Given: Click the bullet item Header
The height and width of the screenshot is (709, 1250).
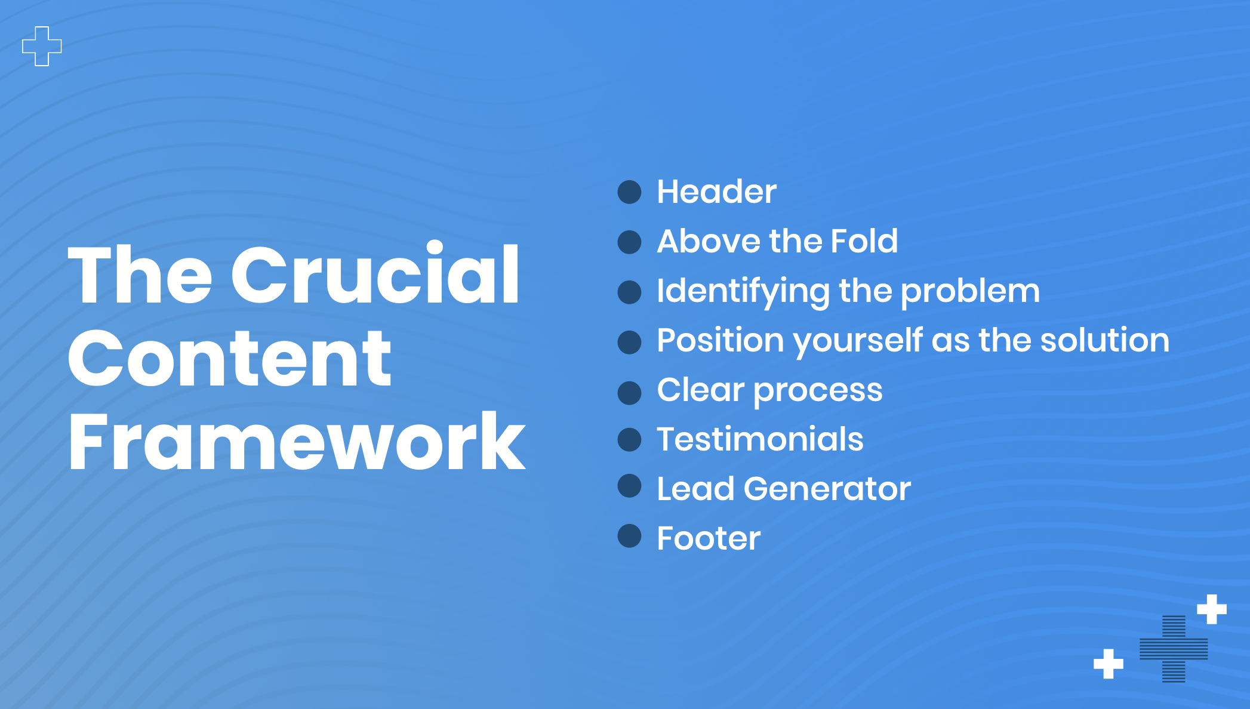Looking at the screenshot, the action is tap(716, 192).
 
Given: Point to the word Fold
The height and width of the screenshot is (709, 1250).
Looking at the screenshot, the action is tap(864, 241).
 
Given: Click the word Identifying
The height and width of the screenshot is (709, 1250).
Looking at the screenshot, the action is tap(743, 292).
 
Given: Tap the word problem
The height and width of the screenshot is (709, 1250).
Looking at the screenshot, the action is tap(970, 292).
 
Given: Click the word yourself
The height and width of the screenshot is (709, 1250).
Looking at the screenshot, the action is tap(858, 341).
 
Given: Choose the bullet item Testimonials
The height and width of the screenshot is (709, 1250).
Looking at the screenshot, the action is tap(760, 439).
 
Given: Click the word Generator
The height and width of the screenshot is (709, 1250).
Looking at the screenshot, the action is tap(827, 489).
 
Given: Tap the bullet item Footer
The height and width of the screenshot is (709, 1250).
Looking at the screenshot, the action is tap(709, 538).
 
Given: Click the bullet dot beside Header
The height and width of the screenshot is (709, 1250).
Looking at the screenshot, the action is tap(629, 192).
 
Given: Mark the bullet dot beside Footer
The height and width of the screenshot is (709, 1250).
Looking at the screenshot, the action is tap(629, 536).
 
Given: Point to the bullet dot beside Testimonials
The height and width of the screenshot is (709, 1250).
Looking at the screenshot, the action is tap(629, 439).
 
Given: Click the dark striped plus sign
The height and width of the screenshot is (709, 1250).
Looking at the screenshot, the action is tap(1174, 649).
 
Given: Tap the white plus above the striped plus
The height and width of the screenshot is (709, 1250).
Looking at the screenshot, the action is tap(1212, 609).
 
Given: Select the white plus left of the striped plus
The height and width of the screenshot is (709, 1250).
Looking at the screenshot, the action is tap(1109, 664).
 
